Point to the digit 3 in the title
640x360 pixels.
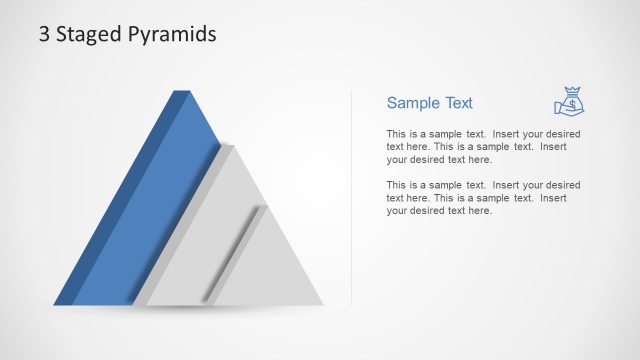[44, 34]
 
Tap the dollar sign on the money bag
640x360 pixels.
[572, 102]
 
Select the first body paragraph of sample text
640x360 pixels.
[483, 146]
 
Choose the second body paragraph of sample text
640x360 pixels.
[483, 197]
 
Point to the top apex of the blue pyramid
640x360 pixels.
[182, 92]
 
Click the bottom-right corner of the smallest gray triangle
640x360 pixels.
[322, 304]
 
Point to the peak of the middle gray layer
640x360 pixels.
[230, 146]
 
